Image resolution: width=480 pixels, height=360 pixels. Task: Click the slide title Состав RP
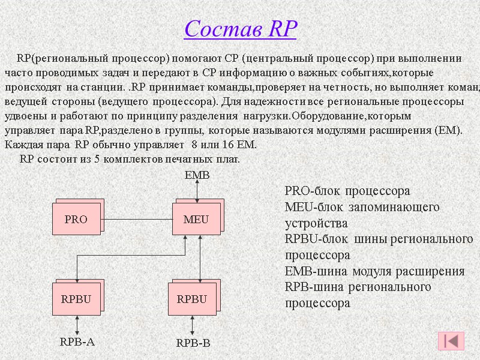click(241, 28)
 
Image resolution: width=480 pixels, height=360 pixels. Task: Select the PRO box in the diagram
click(76, 219)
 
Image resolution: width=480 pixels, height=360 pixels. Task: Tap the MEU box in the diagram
click(196, 219)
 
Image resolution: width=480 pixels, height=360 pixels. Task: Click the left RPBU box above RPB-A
click(76, 299)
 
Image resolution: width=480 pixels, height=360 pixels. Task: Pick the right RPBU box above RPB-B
click(192, 299)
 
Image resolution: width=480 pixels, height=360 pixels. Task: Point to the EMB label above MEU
click(196, 175)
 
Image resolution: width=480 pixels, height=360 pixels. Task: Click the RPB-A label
click(77, 342)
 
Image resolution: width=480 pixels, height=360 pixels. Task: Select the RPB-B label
click(193, 344)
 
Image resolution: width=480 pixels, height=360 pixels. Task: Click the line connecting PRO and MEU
click(138, 219)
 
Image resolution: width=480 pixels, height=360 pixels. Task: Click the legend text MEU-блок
click(362, 207)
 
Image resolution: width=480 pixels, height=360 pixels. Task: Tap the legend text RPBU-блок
click(379, 239)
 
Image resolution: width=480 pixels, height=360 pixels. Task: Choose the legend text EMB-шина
click(374, 271)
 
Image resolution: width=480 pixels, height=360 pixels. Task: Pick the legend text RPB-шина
click(358, 287)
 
